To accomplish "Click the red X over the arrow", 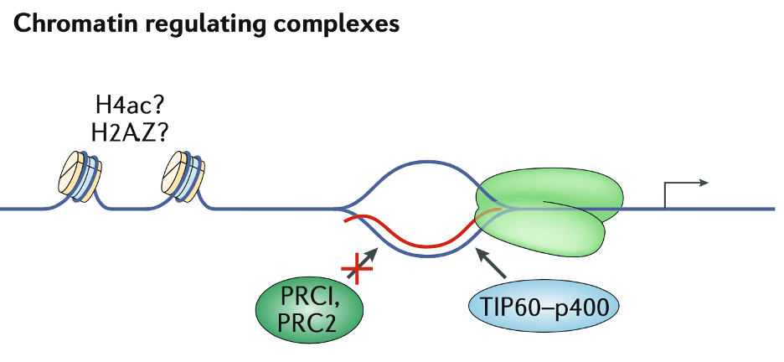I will (358, 270).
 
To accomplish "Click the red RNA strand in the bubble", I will (419, 241).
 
